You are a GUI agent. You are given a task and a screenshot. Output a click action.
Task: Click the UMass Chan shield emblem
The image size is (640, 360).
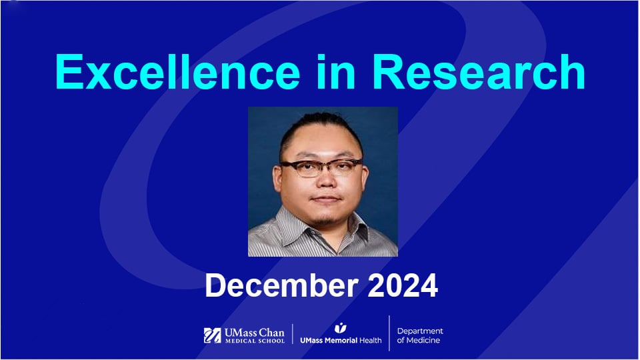click(x=213, y=335)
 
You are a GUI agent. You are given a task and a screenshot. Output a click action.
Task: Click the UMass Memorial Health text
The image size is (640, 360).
click(x=341, y=340)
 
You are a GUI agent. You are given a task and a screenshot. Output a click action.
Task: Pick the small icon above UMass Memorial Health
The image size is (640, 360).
click(x=341, y=327)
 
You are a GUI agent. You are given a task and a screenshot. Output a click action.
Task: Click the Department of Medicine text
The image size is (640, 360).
click(x=419, y=335)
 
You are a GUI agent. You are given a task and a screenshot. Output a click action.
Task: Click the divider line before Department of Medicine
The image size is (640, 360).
click(x=389, y=333)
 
